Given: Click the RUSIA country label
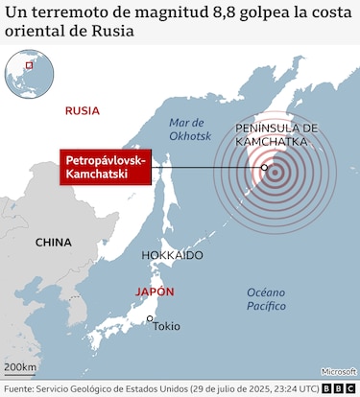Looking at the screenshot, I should click(82, 110).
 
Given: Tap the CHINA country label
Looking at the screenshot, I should click(54, 243).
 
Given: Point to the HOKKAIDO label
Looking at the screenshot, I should click(172, 256).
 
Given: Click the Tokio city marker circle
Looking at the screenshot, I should click(150, 319).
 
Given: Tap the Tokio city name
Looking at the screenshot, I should click(165, 327).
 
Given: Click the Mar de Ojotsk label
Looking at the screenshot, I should click(188, 129).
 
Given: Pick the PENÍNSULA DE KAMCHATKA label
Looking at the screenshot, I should click(276, 134).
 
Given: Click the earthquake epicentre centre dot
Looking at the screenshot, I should click(275, 175).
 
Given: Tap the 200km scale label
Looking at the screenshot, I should click(19, 367).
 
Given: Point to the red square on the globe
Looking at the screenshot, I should click(29, 65).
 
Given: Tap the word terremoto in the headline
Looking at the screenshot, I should click(64, 13).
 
